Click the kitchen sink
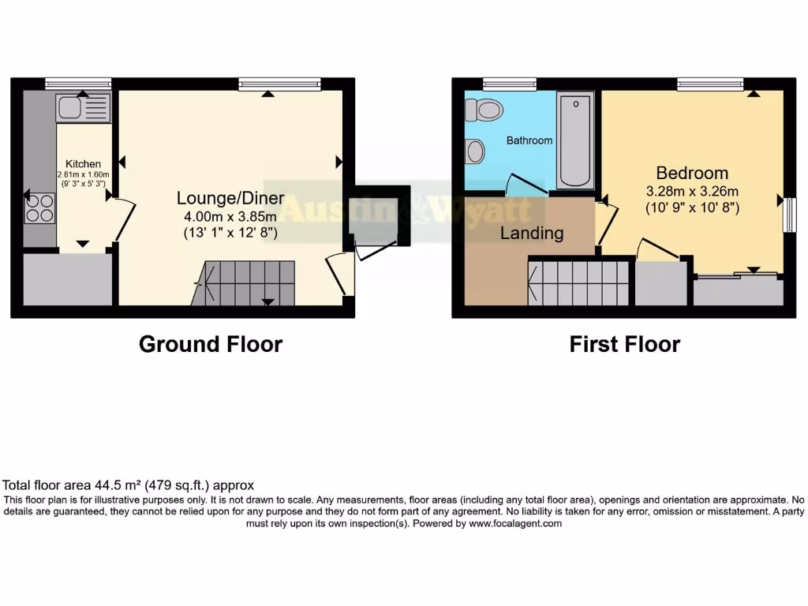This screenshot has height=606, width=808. click(83, 107)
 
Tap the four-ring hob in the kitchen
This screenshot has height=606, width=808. click(39, 207)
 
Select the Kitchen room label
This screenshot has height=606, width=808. click(83, 164)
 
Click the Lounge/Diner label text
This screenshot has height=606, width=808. click(230, 198)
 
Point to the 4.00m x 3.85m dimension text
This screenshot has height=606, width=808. click(230, 216)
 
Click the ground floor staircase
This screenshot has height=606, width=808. click(245, 283)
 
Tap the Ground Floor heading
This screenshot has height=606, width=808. click(211, 344)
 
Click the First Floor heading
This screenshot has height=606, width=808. click(625, 344)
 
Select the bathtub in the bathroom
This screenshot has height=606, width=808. click(576, 140)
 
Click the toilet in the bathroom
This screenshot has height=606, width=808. click(484, 110)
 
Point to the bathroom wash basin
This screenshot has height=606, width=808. click(475, 151)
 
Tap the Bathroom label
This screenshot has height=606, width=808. click(529, 140)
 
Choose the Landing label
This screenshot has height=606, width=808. click(532, 234)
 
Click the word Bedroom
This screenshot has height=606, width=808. click(692, 173)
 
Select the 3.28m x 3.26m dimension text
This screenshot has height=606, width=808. click(692, 191)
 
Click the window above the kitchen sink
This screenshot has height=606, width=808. click(78, 83)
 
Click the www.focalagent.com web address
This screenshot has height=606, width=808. click(515, 523)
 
